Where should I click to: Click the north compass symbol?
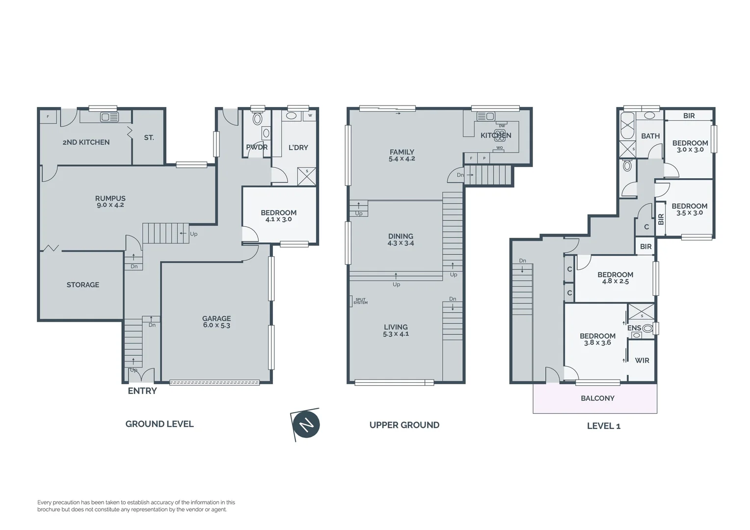click(306, 424)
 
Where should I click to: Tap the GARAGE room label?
click(216, 318)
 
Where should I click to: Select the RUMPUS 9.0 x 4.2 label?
click(110, 202)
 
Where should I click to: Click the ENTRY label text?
click(142, 391)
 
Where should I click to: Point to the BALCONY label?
click(597, 398)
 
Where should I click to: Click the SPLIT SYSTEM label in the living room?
click(360, 301)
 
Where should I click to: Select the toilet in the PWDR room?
click(257, 119)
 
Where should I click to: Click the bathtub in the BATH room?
click(627, 126)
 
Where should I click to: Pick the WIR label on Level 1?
click(642, 360)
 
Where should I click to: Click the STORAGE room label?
click(83, 285)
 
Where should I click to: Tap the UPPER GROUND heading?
click(404, 425)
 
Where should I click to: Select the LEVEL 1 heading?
click(604, 426)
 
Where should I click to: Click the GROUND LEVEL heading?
click(160, 424)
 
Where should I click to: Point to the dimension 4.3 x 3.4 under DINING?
click(401, 243)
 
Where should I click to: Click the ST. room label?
click(149, 138)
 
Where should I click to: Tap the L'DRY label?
click(298, 147)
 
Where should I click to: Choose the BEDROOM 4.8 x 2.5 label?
click(615, 278)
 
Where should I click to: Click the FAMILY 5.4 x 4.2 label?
click(402, 155)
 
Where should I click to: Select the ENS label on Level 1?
click(634, 328)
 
